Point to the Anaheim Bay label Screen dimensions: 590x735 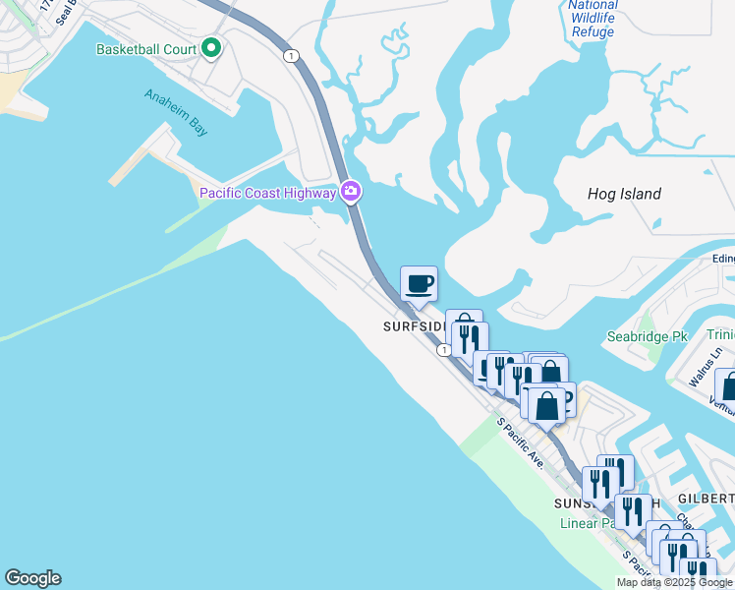(177, 109)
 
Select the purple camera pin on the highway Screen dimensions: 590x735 (351, 192)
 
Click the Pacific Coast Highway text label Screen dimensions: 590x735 (267, 193)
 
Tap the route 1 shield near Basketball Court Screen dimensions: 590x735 (291, 56)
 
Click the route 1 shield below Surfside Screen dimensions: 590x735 (445, 349)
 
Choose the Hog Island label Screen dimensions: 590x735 (624, 194)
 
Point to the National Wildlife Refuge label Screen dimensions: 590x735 (593, 19)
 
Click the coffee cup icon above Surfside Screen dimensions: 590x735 (419, 284)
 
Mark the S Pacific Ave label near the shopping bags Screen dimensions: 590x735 (520, 442)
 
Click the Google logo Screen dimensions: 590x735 (32, 578)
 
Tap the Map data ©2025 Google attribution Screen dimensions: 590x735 (674, 582)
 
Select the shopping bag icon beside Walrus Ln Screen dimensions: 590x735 (728, 385)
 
